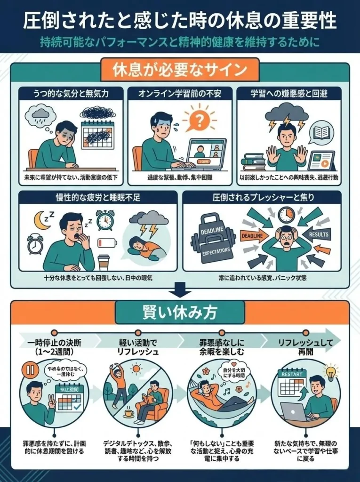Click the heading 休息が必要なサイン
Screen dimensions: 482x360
[180, 70]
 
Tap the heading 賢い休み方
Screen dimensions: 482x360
[179, 312]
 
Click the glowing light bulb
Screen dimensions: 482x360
[332, 372]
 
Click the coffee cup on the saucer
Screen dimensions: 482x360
[128, 414]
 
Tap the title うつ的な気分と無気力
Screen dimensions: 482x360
[71, 93]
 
